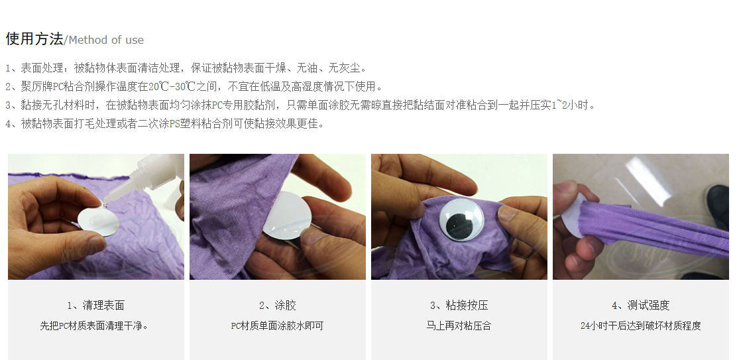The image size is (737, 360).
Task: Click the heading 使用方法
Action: tap(34, 39)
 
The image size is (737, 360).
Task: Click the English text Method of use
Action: tap(105, 40)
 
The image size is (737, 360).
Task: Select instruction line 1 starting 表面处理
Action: tap(186, 68)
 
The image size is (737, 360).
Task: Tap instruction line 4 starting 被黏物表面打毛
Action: tap(166, 124)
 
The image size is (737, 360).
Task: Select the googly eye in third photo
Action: tap(462, 218)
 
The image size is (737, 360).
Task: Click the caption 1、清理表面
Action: tap(96, 306)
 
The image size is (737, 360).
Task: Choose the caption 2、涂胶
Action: tap(277, 306)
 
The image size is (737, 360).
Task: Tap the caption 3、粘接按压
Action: tap(459, 306)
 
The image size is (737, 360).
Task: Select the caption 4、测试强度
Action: tap(640, 306)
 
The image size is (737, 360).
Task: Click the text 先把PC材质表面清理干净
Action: tap(95, 326)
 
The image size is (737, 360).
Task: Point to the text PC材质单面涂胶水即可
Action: tap(277, 326)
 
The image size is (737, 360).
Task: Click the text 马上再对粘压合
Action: tap(459, 326)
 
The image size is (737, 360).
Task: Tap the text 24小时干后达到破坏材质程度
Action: tap(640, 326)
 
